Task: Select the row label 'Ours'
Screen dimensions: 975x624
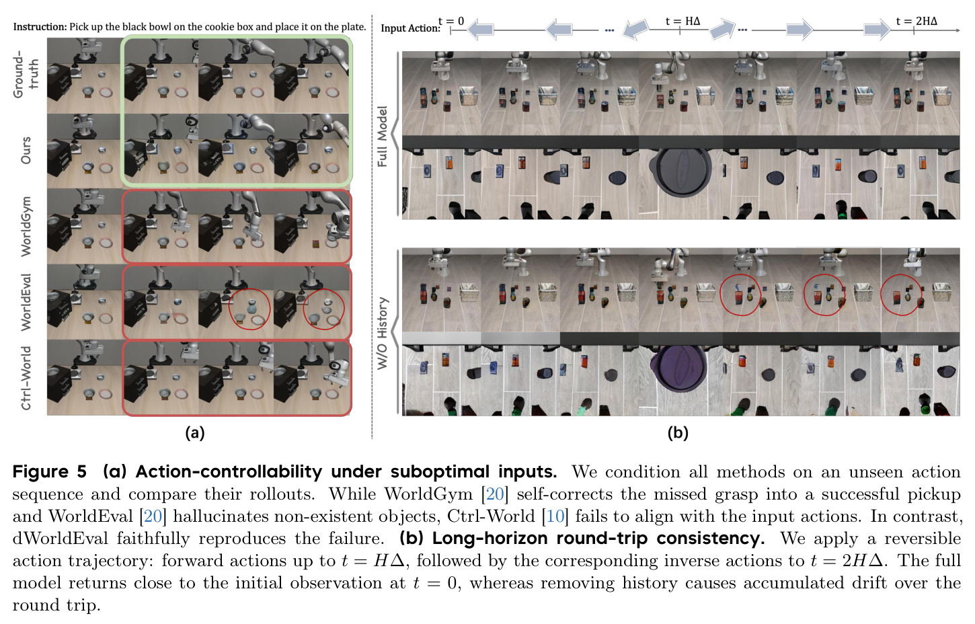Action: pyautogui.click(x=26, y=151)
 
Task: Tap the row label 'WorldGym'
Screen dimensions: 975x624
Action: pyautogui.click(x=26, y=227)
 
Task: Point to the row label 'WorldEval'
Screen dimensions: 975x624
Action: pyautogui.click(x=26, y=302)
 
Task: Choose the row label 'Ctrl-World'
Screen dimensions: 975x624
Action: pyautogui.click(x=26, y=378)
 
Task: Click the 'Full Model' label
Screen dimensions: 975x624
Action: pyautogui.click(x=382, y=136)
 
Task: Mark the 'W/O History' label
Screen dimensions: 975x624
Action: pyautogui.click(x=382, y=334)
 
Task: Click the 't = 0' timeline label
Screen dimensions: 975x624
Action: pyautogui.click(x=451, y=21)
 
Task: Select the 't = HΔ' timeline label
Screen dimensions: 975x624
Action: pyautogui.click(x=682, y=21)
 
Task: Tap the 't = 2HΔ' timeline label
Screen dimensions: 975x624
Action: pyautogui.click(x=916, y=21)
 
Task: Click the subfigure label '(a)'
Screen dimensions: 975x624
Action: pyautogui.click(x=194, y=433)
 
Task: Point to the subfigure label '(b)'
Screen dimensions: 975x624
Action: pyautogui.click(x=678, y=433)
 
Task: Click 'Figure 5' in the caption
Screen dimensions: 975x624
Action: pyautogui.click(x=50, y=472)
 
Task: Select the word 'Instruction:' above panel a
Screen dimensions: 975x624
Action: pyautogui.click(x=40, y=27)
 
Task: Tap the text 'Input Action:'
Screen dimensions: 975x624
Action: pyautogui.click(x=410, y=28)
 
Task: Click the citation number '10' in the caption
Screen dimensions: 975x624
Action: pyautogui.click(x=555, y=516)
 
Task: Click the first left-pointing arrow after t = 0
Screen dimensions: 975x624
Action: pyautogui.click(x=480, y=29)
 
